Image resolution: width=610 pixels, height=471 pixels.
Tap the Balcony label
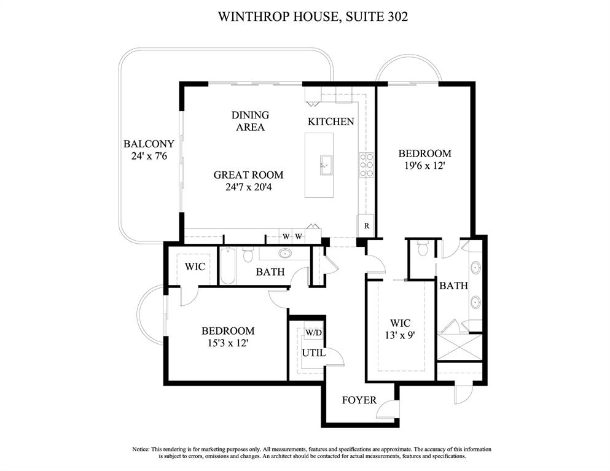pos(149,144)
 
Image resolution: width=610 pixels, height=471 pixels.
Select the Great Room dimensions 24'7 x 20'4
pos(248,187)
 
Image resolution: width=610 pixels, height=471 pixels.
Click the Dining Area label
pos(250,121)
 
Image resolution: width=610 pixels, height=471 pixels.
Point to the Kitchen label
pos(330,122)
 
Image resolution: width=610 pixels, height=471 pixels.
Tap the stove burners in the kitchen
pos(367,165)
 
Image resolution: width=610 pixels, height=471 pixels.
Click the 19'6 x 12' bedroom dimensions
pos(424,165)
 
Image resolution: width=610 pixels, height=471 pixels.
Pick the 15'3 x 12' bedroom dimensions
pos(228,343)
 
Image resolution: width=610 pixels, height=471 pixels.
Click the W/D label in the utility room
pos(313,333)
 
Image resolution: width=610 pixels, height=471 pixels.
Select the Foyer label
pos(359,400)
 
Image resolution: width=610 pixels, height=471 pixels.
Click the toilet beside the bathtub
pos(248,254)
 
